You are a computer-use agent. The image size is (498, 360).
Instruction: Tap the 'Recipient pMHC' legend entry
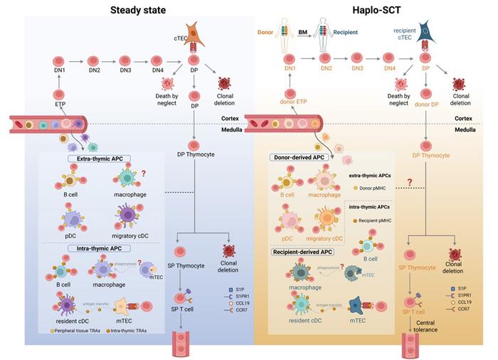point(378,219)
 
